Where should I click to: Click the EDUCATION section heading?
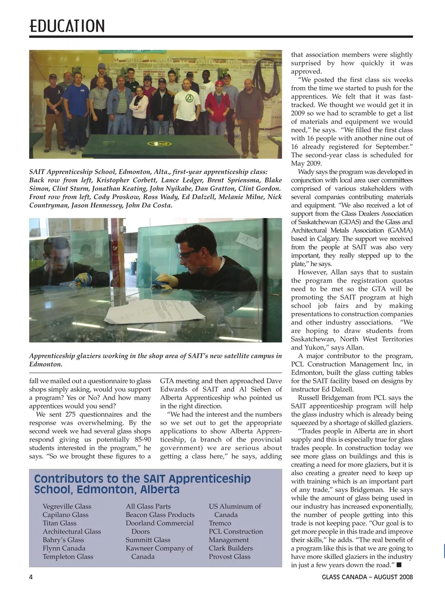click(x=67, y=26)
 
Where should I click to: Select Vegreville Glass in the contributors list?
click(x=67, y=506)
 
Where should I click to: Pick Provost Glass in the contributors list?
click(x=229, y=556)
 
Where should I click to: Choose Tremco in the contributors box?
click(x=220, y=523)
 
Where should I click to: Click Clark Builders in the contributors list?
click(x=230, y=548)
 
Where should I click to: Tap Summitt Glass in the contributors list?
click(x=148, y=540)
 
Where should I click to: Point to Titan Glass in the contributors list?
click(x=59, y=523)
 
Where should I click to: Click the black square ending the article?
click(x=399, y=565)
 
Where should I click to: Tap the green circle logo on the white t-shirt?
click(x=189, y=98)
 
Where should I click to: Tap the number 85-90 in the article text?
click(x=140, y=439)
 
